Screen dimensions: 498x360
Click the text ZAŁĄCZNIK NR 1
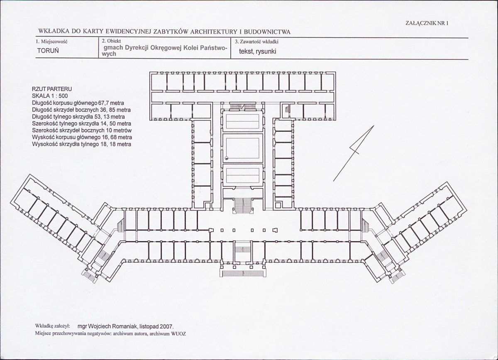[427, 23]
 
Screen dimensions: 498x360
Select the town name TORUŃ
[48, 51]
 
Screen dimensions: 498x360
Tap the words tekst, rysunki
[257, 51]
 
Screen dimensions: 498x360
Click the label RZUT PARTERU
[52, 89]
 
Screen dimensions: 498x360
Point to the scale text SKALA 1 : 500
[50, 96]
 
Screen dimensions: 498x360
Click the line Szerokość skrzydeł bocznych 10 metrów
[82, 130]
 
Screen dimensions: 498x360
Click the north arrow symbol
[354, 153]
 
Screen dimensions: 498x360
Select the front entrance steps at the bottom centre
[243, 274]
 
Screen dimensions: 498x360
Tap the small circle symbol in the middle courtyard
[227, 158]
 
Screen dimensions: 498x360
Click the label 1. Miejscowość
[51, 42]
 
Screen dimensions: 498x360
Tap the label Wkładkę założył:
[53, 326]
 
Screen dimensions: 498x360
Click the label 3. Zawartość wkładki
[256, 42]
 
